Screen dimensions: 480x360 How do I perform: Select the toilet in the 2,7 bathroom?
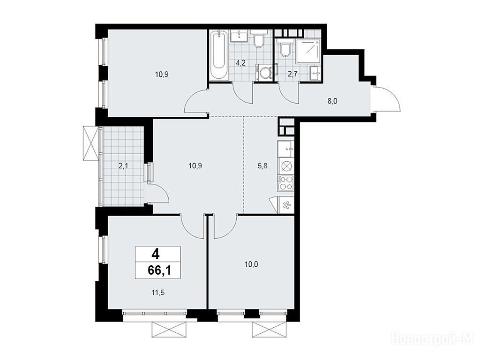point(285,48)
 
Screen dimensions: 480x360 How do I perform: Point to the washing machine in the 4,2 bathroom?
point(263,73)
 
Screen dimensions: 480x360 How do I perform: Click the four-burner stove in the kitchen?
point(286,183)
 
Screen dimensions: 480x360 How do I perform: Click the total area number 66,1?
point(158,270)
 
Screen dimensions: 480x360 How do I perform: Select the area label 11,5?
point(158,292)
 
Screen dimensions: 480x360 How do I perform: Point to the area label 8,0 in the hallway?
point(332,101)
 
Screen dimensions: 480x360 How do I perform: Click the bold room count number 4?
point(158,254)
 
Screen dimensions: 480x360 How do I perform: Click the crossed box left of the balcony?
point(91,143)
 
